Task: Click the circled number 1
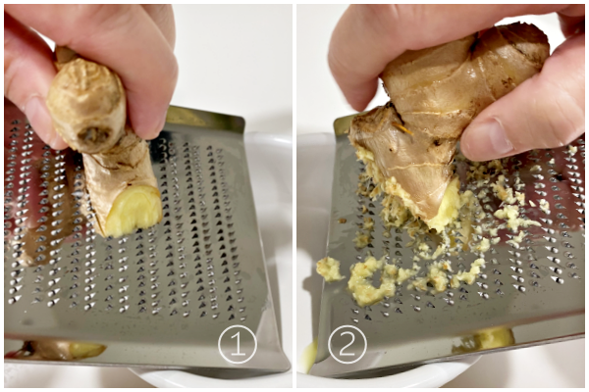[x=238, y=344]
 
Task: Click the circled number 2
[x=348, y=344]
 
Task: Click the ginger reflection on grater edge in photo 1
[x=64, y=349]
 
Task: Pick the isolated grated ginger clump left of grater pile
[x=329, y=269]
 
